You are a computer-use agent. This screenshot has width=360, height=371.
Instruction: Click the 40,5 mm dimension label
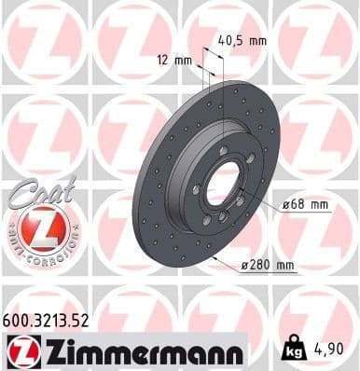coord(242,40)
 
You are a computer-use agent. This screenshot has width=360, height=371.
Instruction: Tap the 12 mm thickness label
coord(174,59)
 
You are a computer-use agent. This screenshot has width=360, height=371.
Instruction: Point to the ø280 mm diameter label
coord(267,266)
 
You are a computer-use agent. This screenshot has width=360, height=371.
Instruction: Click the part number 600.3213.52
coord(48,317)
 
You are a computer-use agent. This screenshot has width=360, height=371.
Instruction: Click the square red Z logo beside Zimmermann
coord(20,350)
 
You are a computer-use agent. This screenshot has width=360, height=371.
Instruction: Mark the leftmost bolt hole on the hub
coord(197,189)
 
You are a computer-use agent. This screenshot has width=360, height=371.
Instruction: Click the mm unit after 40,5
coord(256,40)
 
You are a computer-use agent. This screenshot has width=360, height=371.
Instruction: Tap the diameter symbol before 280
coord(244,266)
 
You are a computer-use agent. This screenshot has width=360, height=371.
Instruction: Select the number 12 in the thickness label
coord(165,59)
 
